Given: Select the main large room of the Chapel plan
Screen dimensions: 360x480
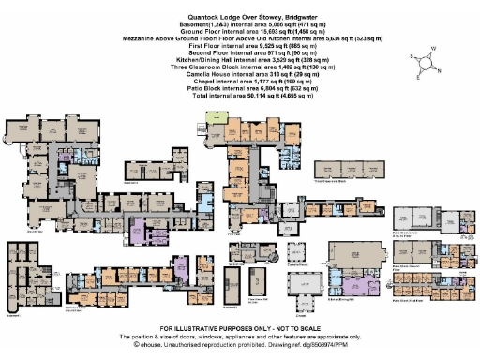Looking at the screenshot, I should click(302, 302).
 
